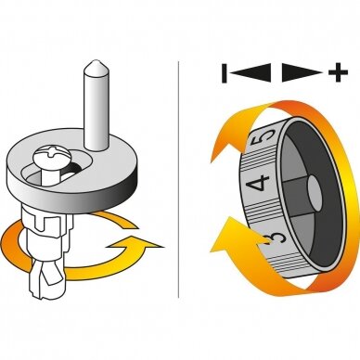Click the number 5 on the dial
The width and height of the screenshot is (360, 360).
coord(264,137)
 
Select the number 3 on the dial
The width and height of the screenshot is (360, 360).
coord(274,238)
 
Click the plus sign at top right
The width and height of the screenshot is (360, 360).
coord(338,72)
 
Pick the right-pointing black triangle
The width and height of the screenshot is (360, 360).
coord(302,72)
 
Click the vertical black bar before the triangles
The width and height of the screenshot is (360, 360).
coord(225,73)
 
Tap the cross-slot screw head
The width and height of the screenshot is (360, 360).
coord(53,156)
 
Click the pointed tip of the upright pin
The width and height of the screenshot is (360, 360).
coord(96,62)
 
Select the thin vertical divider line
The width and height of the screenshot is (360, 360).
coord(178,179)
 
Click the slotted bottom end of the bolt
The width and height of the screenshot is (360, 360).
coord(46,281)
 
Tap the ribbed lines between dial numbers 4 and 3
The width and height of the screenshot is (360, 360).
coord(259,211)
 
